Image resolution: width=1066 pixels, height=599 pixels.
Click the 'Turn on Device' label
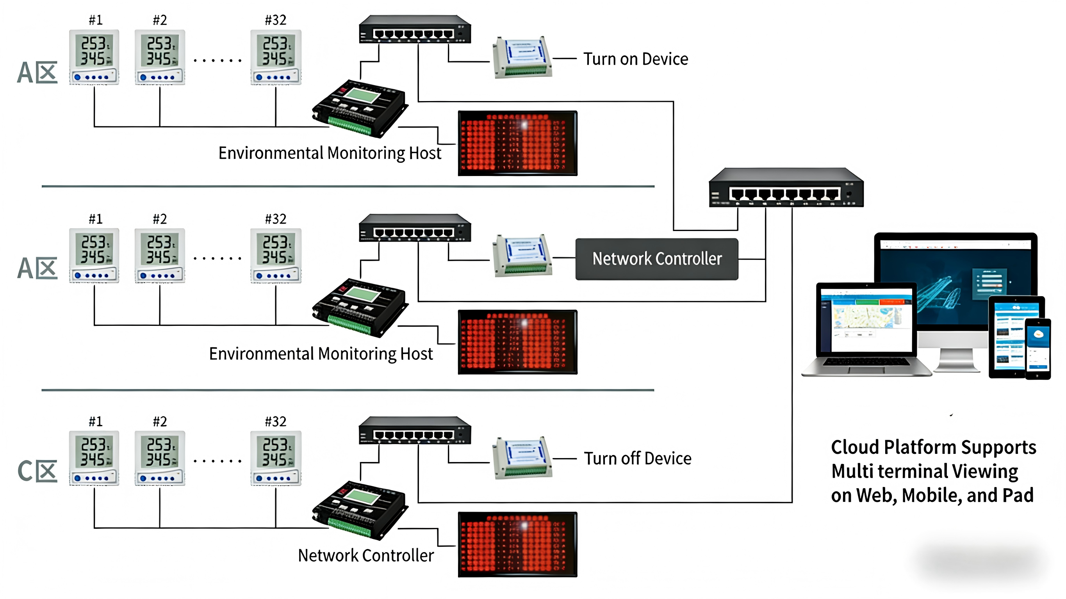click(x=636, y=59)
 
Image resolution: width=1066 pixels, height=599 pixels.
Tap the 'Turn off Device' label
click(x=637, y=459)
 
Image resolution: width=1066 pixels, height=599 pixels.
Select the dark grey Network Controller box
click(x=657, y=259)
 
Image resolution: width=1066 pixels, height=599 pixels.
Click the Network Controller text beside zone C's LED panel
click(x=366, y=555)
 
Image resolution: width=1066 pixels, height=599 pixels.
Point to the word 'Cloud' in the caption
click(x=854, y=447)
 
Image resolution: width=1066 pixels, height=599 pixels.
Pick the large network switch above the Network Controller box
click(x=786, y=188)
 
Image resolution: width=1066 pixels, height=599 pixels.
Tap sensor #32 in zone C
click(x=276, y=458)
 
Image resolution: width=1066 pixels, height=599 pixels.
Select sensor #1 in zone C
click(x=94, y=458)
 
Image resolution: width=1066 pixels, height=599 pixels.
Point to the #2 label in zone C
click(x=160, y=421)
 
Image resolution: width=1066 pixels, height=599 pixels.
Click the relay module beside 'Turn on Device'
click(x=522, y=57)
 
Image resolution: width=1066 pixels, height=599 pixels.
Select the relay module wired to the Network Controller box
click(x=522, y=256)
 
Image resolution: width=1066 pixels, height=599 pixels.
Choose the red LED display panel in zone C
click(x=517, y=544)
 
